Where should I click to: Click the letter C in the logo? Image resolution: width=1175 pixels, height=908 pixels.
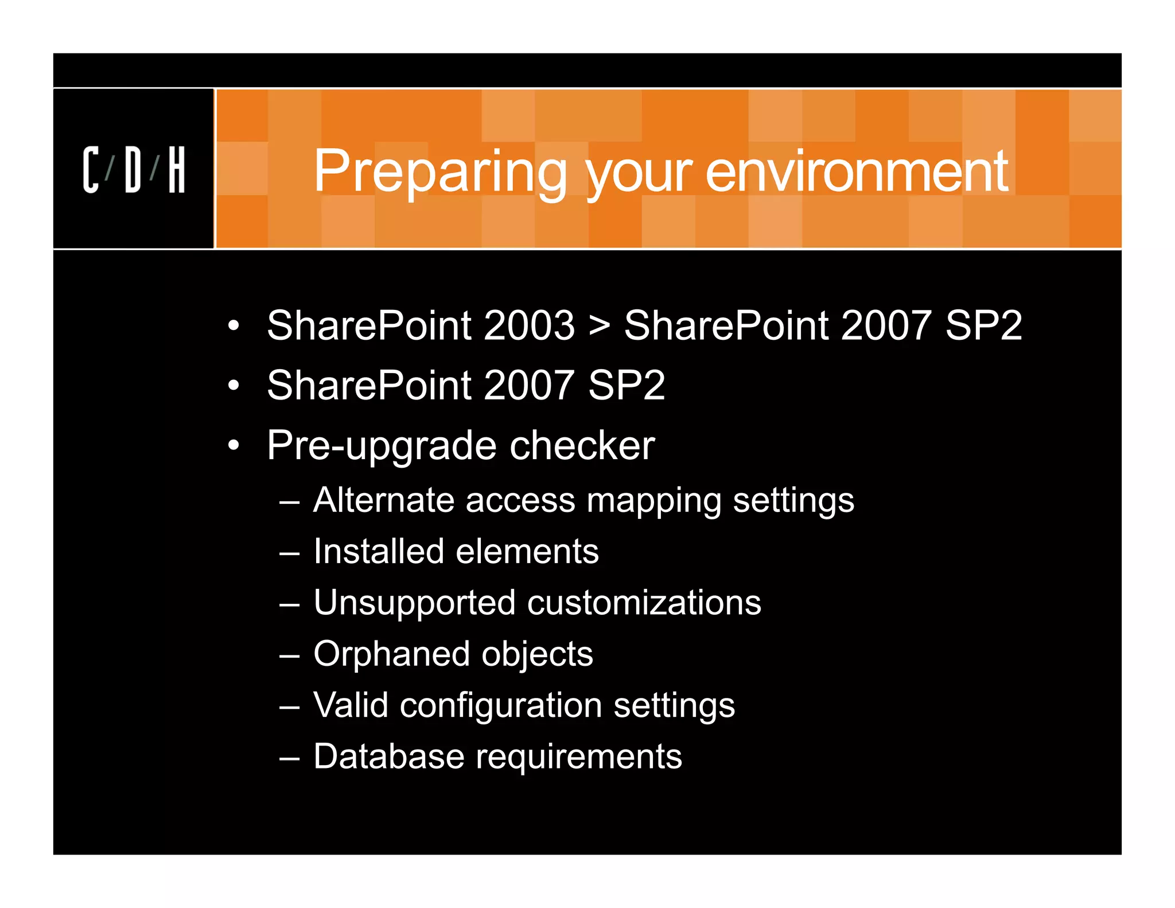point(91,169)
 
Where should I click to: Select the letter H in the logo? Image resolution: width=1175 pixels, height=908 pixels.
point(177,169)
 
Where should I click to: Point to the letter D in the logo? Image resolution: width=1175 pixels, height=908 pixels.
point(133,169)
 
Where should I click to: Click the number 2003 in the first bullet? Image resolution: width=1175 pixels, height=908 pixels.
point(529,325)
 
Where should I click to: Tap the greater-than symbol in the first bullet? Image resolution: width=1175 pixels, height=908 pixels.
point(599,325)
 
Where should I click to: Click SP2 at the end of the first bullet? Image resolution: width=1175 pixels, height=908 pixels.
point(983,325)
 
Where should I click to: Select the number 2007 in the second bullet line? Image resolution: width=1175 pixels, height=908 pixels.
point(529,385)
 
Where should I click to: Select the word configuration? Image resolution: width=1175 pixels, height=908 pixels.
point(500,706)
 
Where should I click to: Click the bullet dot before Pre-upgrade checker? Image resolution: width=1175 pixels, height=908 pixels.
point(233,445)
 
